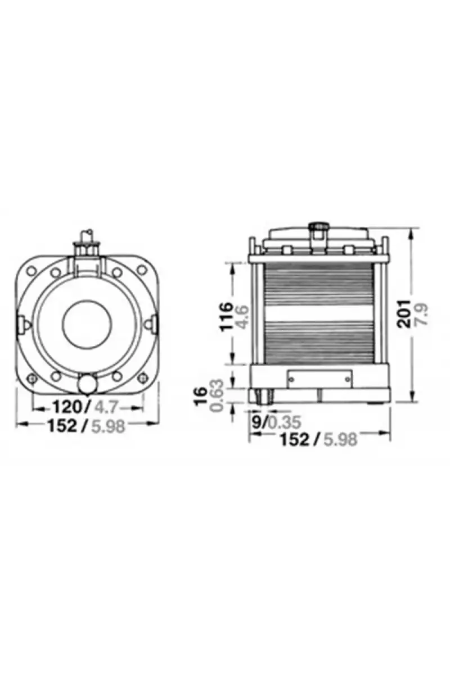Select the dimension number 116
226,317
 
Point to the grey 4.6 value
242,317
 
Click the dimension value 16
201,397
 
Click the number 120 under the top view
67,407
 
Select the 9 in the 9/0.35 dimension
256,422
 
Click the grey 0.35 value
284,422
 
